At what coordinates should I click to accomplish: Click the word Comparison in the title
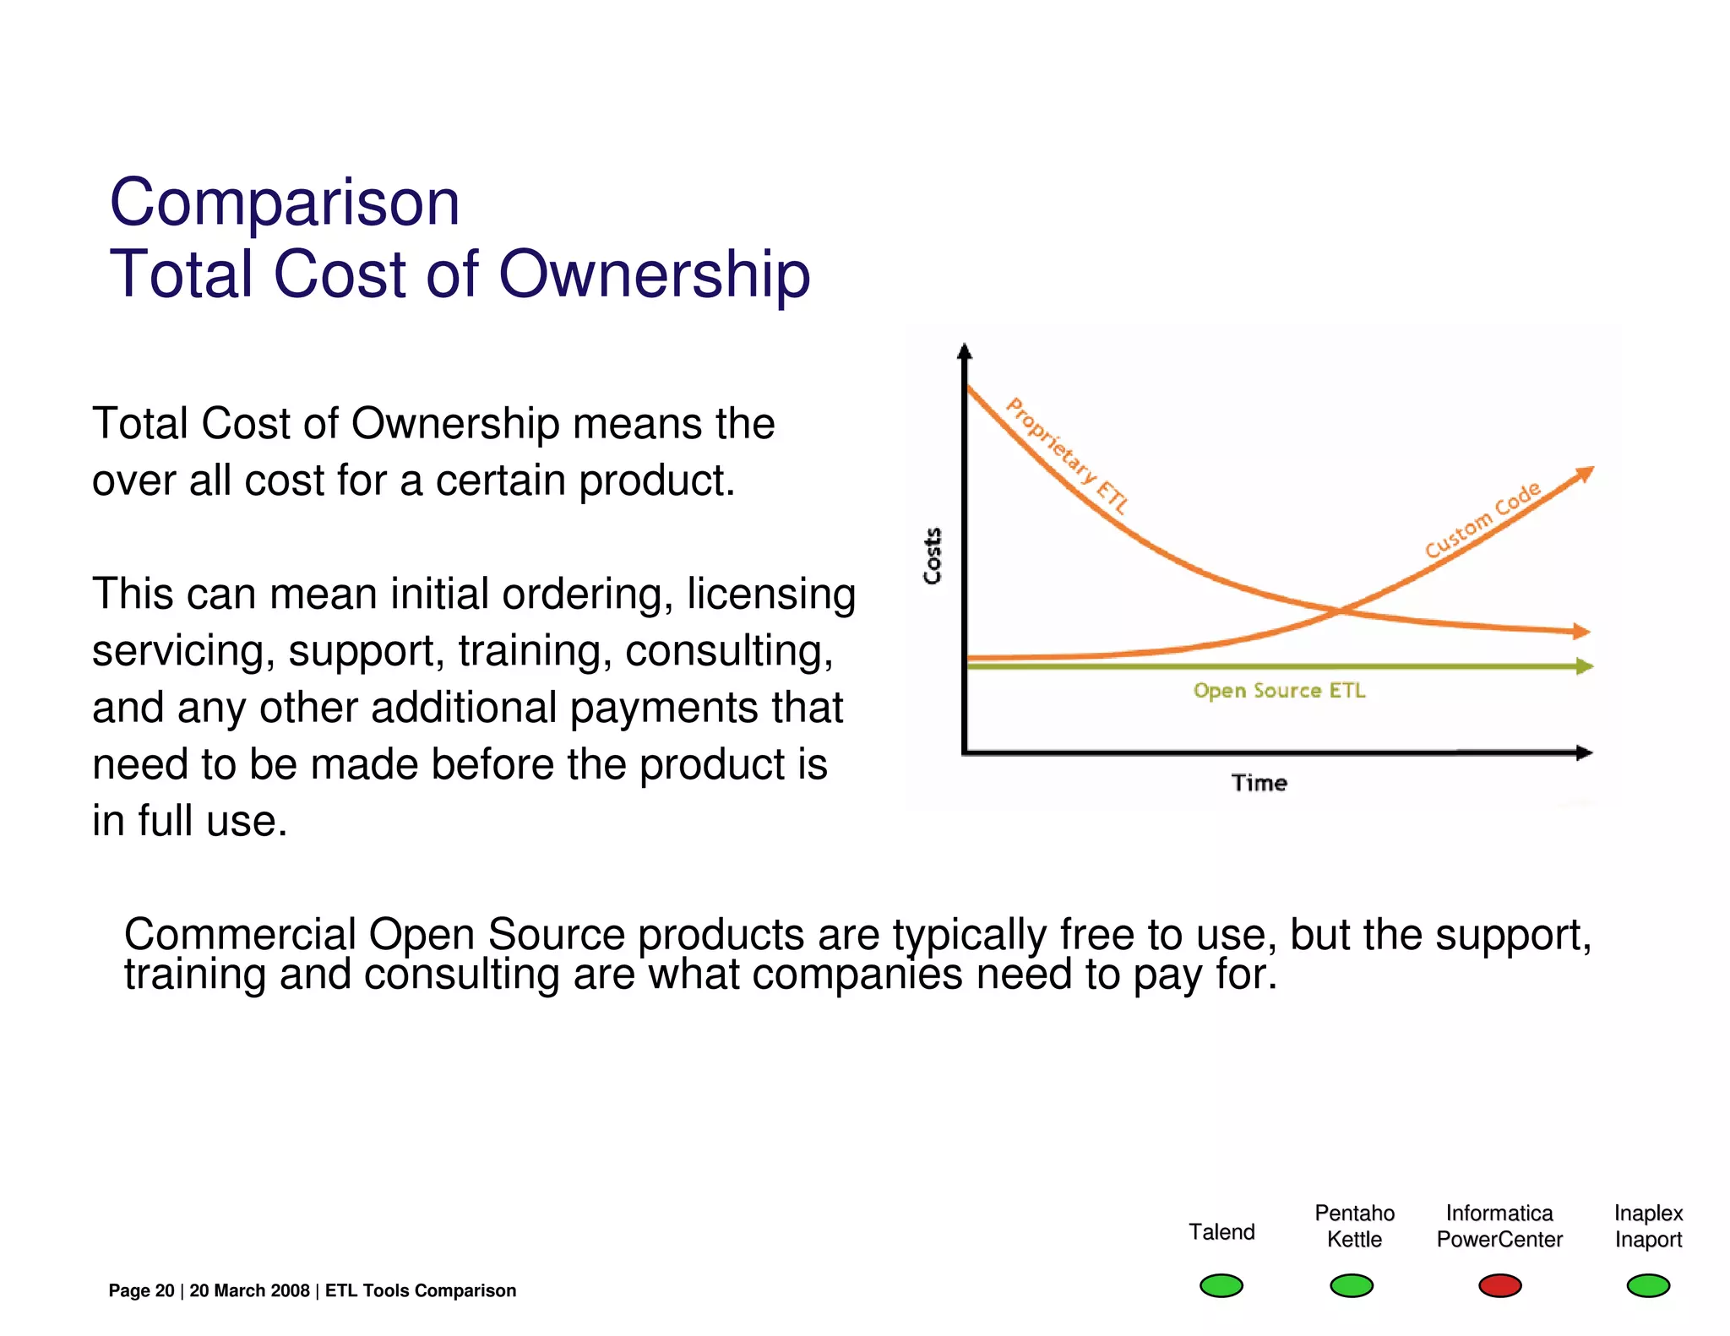point(285,204)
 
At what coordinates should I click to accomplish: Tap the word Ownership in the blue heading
point(655,275)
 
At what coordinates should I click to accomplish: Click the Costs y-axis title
point(933,556)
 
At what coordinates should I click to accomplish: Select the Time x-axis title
point(1259,783)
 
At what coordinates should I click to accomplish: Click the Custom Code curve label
point(1482,520)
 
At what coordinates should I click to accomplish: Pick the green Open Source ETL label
point(1279,691)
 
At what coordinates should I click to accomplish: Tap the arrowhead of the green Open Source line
point(1585,666)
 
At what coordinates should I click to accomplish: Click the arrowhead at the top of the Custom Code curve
point(1586,474)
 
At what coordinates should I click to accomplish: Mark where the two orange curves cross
point(1341,610)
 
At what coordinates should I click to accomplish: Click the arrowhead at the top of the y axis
point(965,351)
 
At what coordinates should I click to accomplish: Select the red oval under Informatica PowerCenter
point(1499,1285)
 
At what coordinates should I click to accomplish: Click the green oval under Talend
point(1221,1285)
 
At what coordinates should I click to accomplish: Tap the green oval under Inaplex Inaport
point(1648,1285)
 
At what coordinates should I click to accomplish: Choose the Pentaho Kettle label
point(1354,1226)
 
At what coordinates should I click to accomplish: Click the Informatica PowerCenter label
point(1499,1226)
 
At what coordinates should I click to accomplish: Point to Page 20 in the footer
point(141,1290)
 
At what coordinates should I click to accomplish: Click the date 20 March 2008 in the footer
point(249,1290)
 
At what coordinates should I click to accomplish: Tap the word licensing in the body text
point(770,594)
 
